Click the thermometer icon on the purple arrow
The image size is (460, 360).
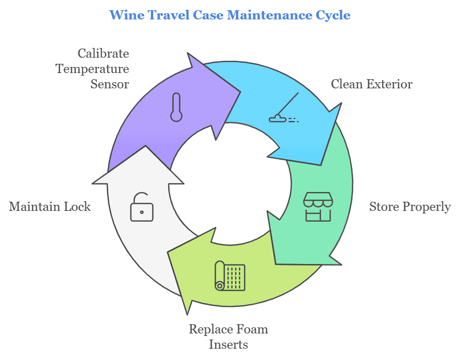[x=176, y=107]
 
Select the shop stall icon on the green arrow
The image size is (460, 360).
[x=318, y=207]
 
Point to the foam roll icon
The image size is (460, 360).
[x=230, y=276]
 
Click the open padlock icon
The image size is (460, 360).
[x=142, y=206]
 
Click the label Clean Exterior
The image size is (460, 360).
[x=372, y=84]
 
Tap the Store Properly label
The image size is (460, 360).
[x=410, y=207]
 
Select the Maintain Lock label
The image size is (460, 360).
[x=50, y=207]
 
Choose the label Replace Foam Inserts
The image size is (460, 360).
[x=228, y=337]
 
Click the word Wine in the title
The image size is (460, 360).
[x=125, y=15]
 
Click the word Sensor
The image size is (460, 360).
[x=109, y=84]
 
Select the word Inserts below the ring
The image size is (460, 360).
[x=228, y=345]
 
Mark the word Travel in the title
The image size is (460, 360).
[x=163, y=15]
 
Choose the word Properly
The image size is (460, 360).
[x=426, y=207]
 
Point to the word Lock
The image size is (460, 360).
[x=79, y=207]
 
